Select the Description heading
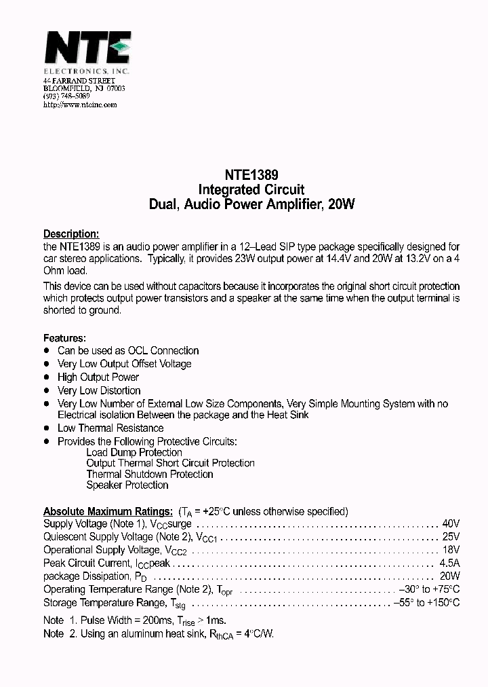[71, 234]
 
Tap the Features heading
[65, 337]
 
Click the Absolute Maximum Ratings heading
[108, 511]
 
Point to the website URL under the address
[80, 105]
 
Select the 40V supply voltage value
[451, 524]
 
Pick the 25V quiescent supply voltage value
[451, 537]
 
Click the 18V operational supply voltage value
[451, 550]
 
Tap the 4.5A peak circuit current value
[449, 563]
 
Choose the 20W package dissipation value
[450, 576]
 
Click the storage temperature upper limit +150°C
[443, 602]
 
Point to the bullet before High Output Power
[47, 377]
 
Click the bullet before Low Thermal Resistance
[47, 428]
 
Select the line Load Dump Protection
[134, 453]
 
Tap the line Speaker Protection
[127, 485]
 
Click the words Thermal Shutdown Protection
[150, 475]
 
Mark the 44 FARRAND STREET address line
[75, 81]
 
